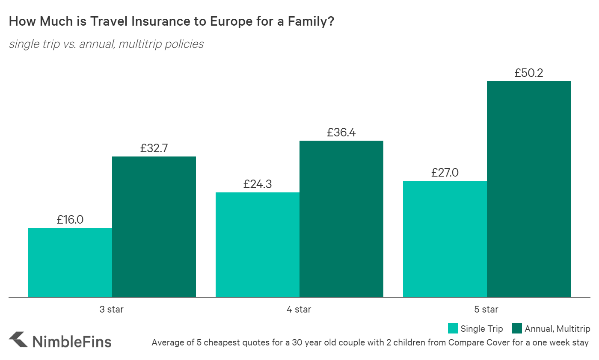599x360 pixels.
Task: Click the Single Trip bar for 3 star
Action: point(70,262)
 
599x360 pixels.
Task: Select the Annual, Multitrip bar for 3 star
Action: point(154,227)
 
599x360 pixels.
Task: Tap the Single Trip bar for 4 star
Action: point(257,245)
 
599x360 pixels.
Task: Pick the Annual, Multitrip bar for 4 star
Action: point(341,218)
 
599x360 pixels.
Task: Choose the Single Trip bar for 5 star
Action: point(445,239)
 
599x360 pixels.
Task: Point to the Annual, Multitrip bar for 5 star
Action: point(529,189)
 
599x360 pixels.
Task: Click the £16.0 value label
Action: point(70,220)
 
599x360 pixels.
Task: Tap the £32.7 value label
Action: point(154,148)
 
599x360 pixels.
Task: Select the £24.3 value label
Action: point(258,184)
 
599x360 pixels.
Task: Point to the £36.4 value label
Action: point(341,133)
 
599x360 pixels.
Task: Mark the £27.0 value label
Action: point(445,173)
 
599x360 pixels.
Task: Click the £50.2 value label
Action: point(529,73)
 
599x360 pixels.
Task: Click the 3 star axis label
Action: point(112,309)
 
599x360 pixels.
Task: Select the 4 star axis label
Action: point(299,309)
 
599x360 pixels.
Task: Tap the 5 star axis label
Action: point(486,309)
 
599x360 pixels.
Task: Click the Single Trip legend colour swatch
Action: point(453,328)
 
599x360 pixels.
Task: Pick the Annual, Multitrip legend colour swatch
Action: point(517,328)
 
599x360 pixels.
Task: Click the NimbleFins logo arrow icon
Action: point(18,340)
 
